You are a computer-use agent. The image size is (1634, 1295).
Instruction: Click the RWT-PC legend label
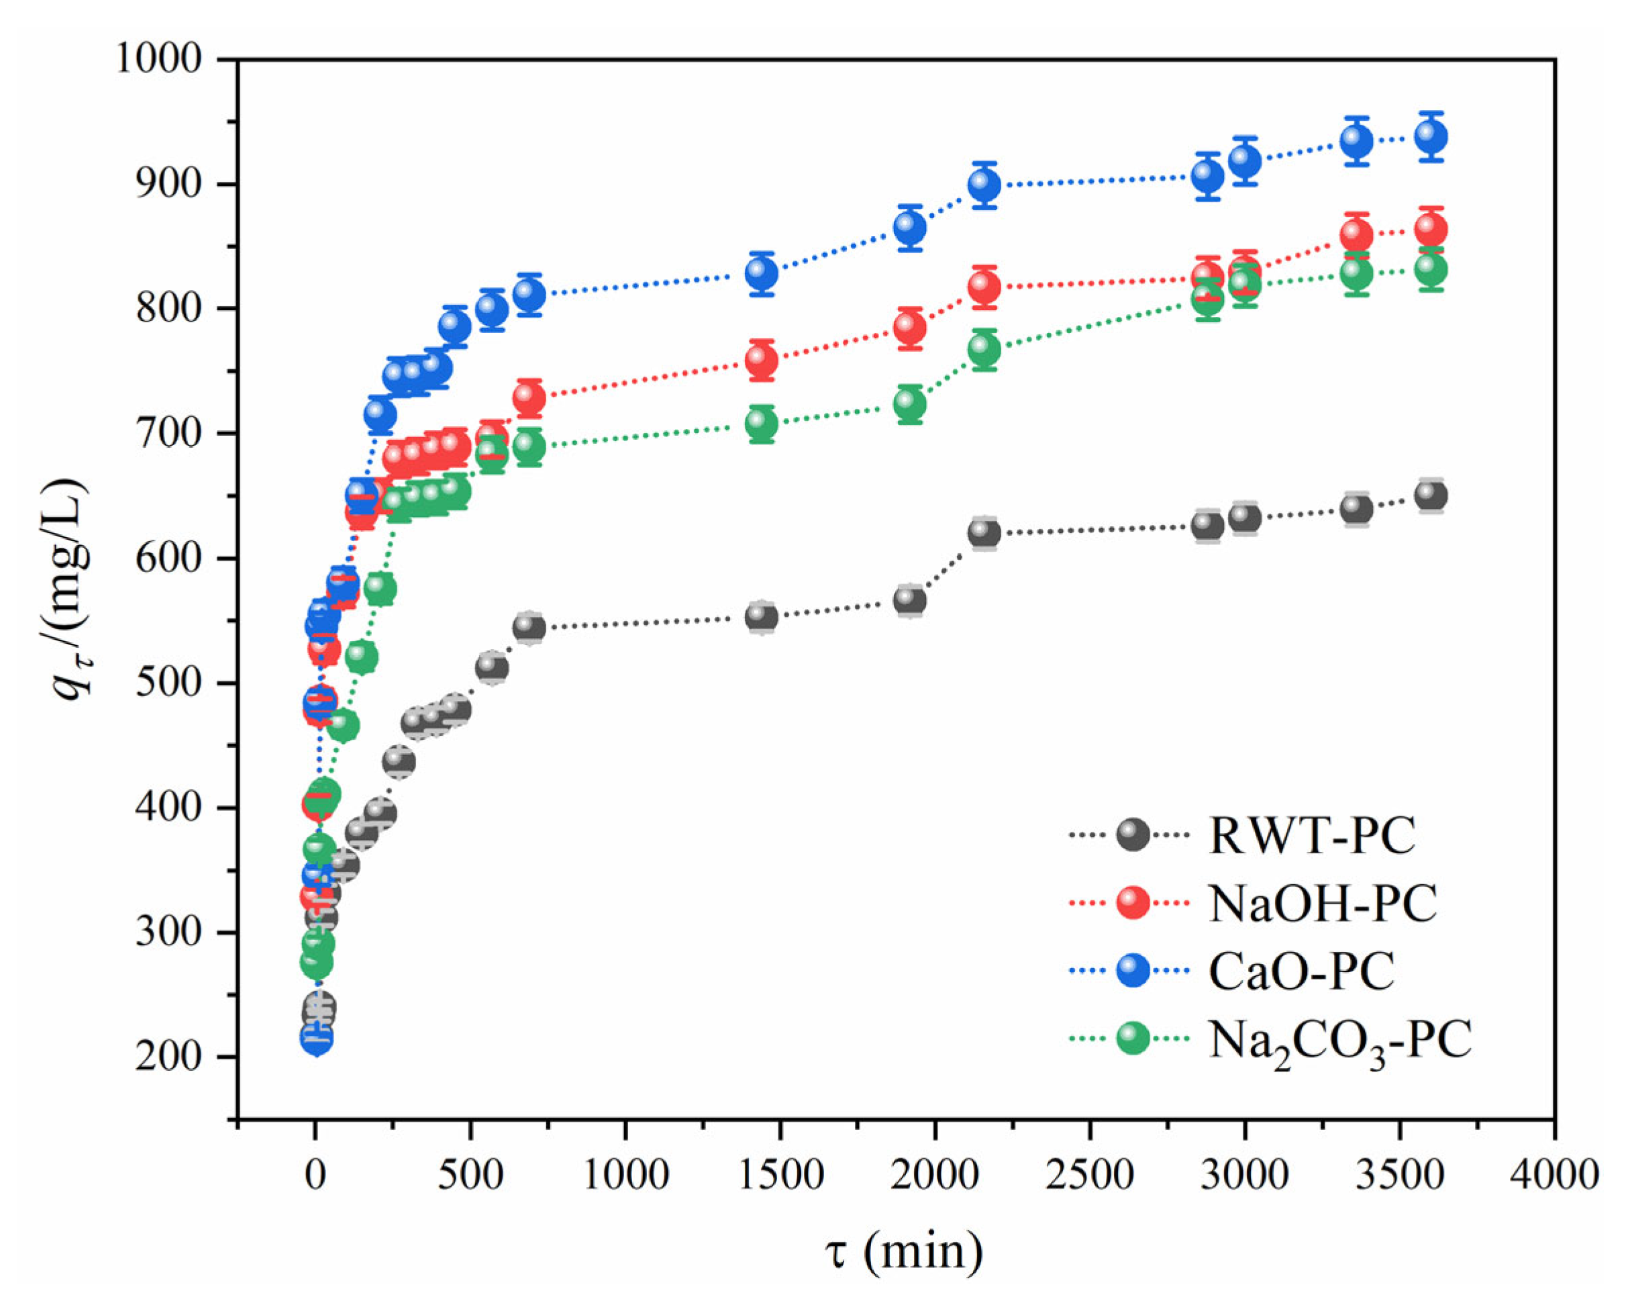click(1312, 836)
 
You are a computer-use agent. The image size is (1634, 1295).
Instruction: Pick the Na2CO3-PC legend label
click(1340, 1041)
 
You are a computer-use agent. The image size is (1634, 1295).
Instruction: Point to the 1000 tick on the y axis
click(158, 59)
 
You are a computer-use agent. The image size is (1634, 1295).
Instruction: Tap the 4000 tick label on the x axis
click(1553, 1176)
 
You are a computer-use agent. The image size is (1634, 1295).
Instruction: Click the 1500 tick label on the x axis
click(780, 1176)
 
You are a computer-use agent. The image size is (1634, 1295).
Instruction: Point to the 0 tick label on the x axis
click(315, 1176)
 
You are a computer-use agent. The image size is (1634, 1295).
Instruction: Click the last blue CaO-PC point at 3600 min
click(1430, 137)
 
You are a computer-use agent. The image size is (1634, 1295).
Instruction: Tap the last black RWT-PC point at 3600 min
click(1430, 496)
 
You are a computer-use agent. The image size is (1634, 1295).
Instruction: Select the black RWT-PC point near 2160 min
click(984, 534)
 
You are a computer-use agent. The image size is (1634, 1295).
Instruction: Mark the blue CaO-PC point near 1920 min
click(909, 228)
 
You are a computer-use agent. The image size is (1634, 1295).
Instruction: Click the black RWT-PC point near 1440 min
click(762, 617)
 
